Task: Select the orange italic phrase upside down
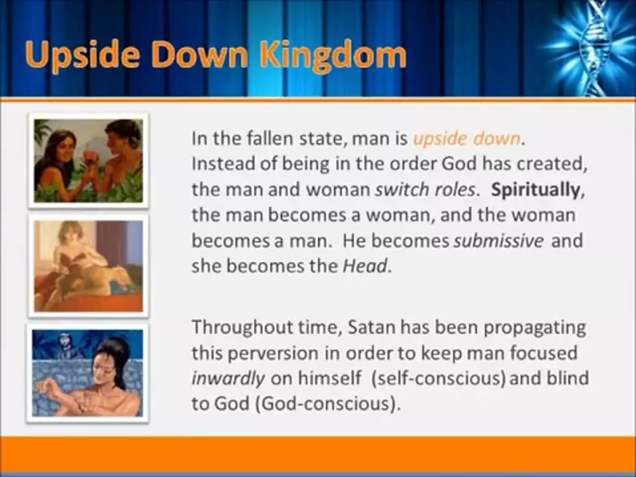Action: (x=467, y=138)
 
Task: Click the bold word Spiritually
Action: (x=535, y=190)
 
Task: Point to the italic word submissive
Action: (x=498, y=240)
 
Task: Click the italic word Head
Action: (x=365, y=266)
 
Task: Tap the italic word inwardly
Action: (x=228, y=378)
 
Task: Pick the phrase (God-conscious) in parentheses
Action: (x=326, y=403)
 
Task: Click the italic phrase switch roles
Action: (x=425, y=190)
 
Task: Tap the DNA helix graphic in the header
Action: (x=593, y=44)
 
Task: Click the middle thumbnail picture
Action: (x=88, y=266)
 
